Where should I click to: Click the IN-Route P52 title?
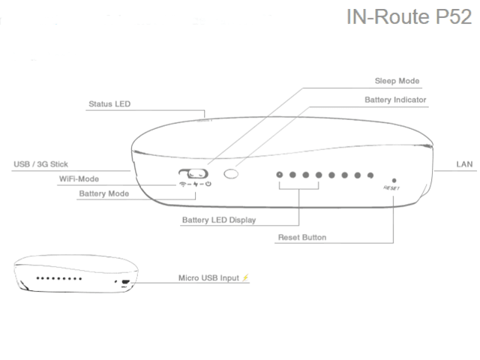[x=408, y=16]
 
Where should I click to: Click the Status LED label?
[x=109, y=104]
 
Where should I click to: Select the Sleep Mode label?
[x=397, y=80]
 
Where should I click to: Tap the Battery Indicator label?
[x=395, y=99]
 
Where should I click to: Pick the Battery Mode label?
[x=103, y=193]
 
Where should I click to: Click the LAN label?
[x=463, y=163]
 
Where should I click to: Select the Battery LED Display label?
[x=219, y=220]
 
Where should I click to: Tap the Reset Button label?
[x=302, y=238]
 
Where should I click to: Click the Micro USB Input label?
[x=208, y=278]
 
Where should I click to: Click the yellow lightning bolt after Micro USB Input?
[x=245, y=278]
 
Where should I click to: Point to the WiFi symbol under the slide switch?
[x=182, y=184]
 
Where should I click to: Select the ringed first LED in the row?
[x=280, y=175]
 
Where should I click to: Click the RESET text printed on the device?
[x=391, y=189]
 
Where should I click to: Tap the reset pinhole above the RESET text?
[x=394, y=180]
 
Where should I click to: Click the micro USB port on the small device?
[x=125, y=283]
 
